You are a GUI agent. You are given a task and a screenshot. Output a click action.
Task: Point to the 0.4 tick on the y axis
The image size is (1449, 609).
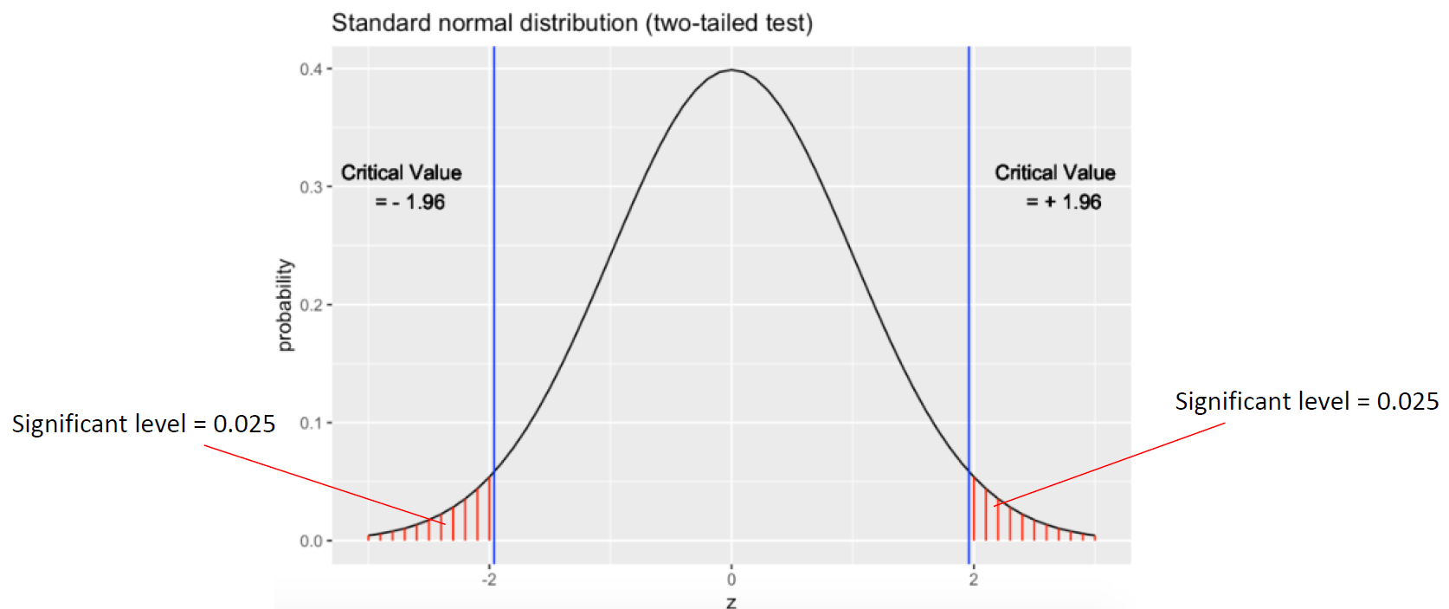[311, 69]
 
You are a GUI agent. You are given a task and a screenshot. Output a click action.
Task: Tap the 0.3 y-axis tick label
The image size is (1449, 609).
[311, 187]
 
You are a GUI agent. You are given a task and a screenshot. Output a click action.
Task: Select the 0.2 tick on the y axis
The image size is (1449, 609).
[311, 305]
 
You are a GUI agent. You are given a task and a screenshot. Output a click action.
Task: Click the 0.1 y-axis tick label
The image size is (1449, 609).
[311, 423]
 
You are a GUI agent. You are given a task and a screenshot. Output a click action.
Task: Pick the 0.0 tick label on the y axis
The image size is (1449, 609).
[311, 541]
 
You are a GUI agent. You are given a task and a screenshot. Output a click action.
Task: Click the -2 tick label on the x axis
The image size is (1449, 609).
[489, 580]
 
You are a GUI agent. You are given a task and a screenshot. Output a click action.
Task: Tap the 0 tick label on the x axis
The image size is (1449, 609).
[731, 580]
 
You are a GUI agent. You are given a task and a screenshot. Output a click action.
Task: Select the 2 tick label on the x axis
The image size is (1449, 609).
[974, 580]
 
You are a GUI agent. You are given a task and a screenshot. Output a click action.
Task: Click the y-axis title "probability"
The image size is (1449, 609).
[285, 305]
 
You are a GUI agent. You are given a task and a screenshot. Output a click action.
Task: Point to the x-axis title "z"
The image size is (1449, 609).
[731, 601]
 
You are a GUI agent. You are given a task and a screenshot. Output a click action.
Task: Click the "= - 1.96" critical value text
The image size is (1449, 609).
[410, 202]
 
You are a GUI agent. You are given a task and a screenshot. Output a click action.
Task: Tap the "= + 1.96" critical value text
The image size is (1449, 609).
[1064, 202]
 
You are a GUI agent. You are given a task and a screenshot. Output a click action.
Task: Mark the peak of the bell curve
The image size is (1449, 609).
[731, 69]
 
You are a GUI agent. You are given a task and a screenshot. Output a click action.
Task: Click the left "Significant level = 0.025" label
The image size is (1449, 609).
[144, 424]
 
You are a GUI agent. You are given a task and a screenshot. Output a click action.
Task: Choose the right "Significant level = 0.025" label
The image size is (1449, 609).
[1306, 401]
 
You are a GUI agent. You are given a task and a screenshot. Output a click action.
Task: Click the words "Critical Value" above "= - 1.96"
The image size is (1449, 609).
[401, 172]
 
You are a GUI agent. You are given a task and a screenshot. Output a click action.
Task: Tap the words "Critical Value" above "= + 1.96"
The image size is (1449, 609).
[1055, 172]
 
